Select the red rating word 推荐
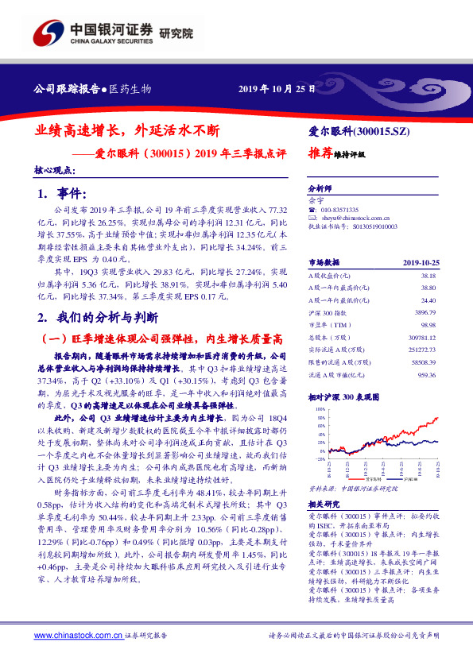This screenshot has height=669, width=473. (319, 154)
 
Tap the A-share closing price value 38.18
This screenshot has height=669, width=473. (427, 273)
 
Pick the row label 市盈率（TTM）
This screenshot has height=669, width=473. (328, 327)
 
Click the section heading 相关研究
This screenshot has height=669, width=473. (323, 504)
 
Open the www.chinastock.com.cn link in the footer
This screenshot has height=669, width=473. (78, 636)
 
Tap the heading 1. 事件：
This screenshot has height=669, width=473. (60, 195)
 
